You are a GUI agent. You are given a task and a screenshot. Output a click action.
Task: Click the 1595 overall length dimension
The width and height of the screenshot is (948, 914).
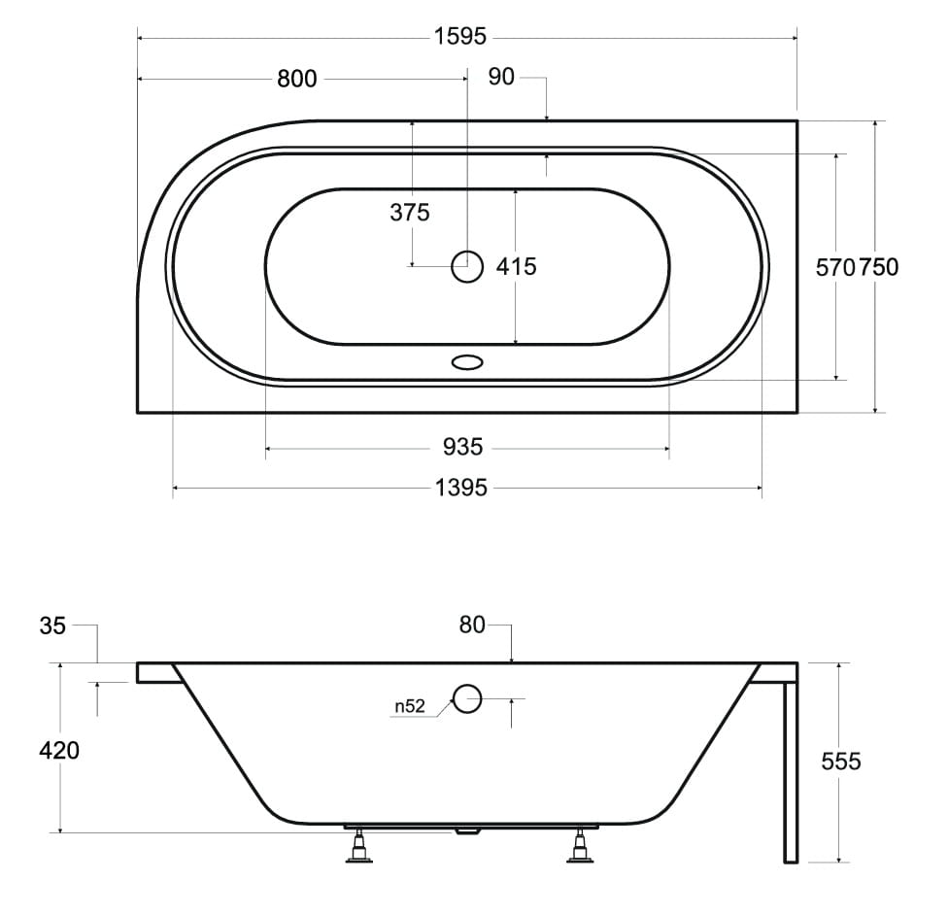coord(460,37)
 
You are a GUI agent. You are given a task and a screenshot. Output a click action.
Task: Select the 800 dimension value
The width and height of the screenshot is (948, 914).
coord(296,79)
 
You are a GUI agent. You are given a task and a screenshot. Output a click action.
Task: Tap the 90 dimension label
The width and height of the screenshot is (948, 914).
coord(501,77)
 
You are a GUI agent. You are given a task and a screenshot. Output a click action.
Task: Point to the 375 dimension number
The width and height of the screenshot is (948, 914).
coord(409,212)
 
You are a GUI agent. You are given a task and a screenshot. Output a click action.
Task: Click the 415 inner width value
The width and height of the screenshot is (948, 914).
coord(517,266)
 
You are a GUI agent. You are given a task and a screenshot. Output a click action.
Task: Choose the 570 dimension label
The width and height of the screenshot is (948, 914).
coord(835,267)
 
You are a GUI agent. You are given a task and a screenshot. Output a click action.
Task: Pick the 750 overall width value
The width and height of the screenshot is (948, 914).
coord(878,267)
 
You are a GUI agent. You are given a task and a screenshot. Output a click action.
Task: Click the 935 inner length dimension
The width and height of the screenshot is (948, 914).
coord(462,447)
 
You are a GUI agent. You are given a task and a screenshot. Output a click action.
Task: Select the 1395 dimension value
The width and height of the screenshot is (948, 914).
coord(460,488)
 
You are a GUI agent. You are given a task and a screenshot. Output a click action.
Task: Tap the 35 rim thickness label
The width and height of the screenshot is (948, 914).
coord(52,626)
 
